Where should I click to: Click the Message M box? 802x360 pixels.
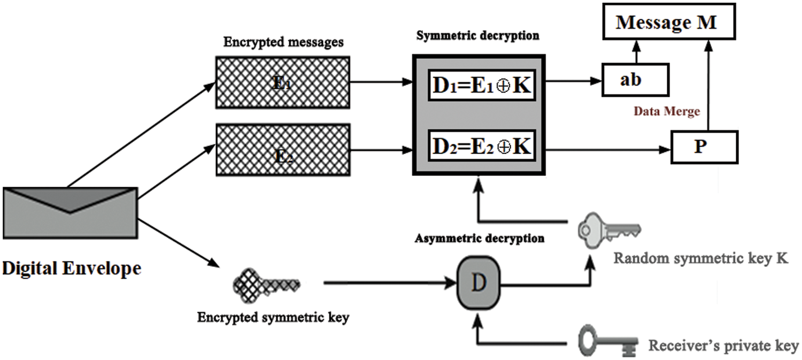[x=666, y=24]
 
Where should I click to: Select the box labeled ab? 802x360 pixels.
[x=635, y=80]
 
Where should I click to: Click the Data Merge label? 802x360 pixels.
[x=666, y=112]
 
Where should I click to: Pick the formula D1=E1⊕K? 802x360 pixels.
[x=481, y=85]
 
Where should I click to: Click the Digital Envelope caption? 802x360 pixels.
[x=71, y=267]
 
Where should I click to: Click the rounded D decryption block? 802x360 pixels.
[x=479, y=284]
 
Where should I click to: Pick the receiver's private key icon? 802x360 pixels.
[x=608, y=341]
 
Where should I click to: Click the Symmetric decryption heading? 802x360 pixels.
[x=477, y=36]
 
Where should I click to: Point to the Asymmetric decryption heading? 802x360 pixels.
[x=479, y=238]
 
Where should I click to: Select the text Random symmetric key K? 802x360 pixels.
[x=700, y=258]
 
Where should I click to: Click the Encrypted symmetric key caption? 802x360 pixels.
[x=273, y=317]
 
